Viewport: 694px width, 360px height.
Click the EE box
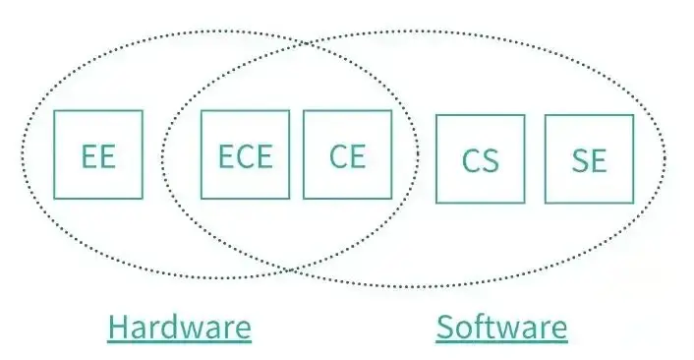click(x=98, y=154)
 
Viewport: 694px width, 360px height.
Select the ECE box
click(x=245, y=154)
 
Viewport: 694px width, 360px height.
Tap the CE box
click(x=347, y=154)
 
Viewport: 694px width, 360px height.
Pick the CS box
click(x=480, y=159)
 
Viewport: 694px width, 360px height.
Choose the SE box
click(x=588, y=159)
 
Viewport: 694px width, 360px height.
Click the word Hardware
click(x=179, y=327)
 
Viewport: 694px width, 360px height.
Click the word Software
click(x=501, y=327)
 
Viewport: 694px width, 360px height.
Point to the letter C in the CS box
click(x=471, y=159)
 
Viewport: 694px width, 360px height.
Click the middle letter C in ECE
click(x=245, y=155)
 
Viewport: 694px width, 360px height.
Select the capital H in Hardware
click(x=118, y=327)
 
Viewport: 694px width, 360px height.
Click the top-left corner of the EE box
click(x=55, y=111)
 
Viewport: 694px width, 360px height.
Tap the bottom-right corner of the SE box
click(x=632, y=203)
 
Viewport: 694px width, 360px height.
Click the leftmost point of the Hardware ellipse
click(x=20, y=155)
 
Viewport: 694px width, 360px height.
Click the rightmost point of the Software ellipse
click(x=665, y=157)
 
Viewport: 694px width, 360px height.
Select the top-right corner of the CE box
click(x=390, y=111)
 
